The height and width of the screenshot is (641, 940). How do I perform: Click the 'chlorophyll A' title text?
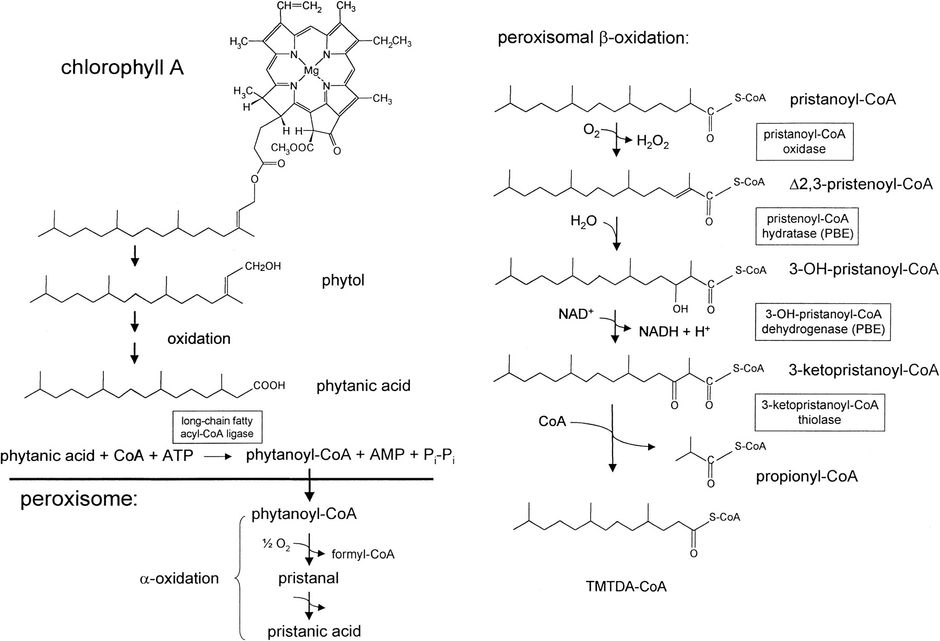(x=122, y=68)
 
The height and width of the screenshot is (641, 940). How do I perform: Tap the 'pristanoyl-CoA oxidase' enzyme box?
(x=804, y=141)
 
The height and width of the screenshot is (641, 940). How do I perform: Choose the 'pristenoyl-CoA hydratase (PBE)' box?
(x=807, y=226)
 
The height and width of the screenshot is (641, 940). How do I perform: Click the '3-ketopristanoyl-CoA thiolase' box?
(x=819, y=412)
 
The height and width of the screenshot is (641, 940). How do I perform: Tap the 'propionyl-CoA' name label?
(x=806, y=477)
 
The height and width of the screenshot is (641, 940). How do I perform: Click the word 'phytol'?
(x=343, y=280)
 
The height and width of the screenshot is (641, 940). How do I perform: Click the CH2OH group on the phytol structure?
(x=263, y=267)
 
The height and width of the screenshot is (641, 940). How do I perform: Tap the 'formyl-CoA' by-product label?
(x=362, y=554)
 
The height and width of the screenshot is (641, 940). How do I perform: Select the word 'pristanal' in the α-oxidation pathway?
(x=308, y=578)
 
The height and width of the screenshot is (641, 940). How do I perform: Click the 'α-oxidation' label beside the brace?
(x=180, y=578)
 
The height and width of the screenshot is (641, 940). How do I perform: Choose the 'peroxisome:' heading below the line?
(x=78, y=500)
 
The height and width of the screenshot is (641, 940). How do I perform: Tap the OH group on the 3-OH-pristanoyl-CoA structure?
(x=680, y=310)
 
